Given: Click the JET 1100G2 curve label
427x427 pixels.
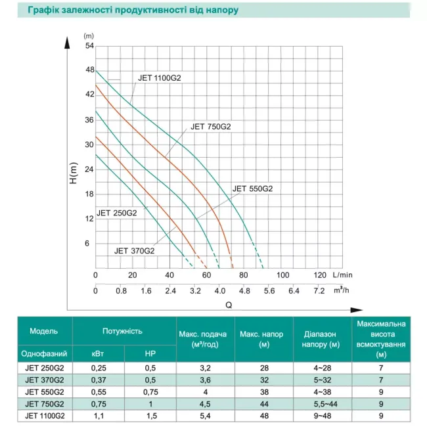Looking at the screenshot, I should [x=160, y=78].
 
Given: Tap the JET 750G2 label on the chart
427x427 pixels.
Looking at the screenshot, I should [x=211, y=127].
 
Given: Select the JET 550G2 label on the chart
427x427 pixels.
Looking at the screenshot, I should [x=252, y=189].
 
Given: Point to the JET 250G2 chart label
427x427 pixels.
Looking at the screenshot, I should [x=117, y=213].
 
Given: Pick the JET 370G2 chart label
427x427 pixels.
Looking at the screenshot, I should [x=135, y=250].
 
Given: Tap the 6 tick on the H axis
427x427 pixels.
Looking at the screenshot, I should [x=91, y=243].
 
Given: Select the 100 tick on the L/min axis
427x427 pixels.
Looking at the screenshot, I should [x=283, y=275].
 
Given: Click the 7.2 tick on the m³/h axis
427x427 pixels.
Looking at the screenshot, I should [x=320, y=290].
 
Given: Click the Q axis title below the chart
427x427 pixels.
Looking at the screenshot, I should [x=229, y=304].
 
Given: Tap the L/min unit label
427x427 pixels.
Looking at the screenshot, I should [x=342, y=275].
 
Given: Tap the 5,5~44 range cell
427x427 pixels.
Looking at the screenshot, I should [x=321, y=403].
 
